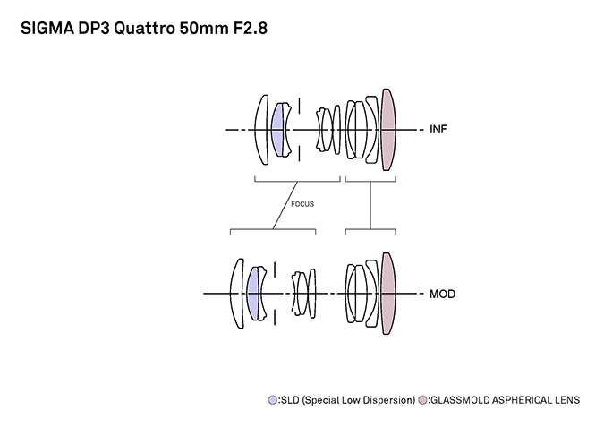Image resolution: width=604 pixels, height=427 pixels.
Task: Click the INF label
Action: point(438,130)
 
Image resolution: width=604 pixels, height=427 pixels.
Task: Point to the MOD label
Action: point(441,294)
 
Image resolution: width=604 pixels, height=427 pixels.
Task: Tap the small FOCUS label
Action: point(302,203)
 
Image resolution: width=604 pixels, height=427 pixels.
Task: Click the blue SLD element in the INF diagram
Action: point(277,130)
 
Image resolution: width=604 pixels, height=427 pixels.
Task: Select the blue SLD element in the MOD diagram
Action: point(253,294)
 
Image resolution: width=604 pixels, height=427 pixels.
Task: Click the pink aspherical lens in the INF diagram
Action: point(388,130)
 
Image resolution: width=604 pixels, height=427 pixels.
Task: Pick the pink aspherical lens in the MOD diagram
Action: point(387,294)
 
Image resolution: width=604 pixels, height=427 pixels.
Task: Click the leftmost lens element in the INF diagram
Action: point(259,130)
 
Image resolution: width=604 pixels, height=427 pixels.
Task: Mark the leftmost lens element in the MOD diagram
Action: point(234,294)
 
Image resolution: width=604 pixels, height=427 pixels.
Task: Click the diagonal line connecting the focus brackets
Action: point(285,206)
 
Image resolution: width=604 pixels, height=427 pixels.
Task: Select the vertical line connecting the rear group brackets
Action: point(370,206)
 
